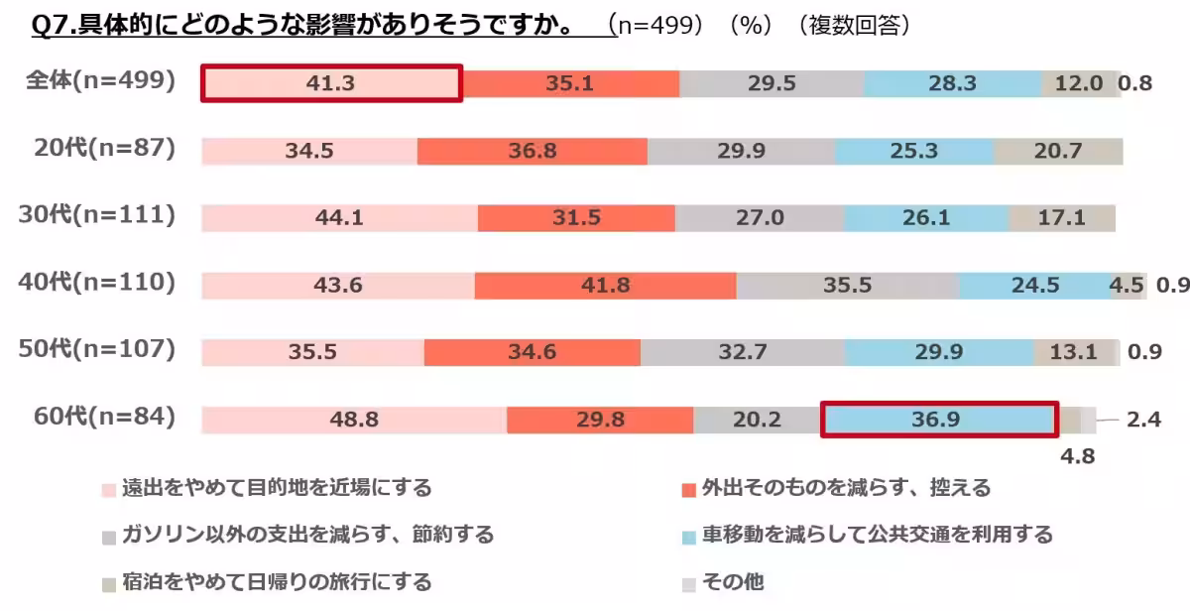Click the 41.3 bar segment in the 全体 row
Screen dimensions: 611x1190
331,84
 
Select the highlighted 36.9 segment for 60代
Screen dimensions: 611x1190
940,420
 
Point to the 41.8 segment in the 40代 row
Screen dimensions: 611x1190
605,286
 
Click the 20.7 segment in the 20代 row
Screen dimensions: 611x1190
1058,152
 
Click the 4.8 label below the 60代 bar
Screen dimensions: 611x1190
1078,458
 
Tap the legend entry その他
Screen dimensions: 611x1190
734,581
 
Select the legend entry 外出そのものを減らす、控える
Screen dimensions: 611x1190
846,488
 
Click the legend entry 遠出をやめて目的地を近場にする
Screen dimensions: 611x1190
277,488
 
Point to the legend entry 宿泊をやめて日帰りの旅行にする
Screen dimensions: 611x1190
277,581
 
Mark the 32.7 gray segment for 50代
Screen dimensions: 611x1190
743,352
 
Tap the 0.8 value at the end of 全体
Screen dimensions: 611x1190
1135,84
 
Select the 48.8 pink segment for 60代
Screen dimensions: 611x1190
353,420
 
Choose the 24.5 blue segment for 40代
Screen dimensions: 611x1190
1034,286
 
